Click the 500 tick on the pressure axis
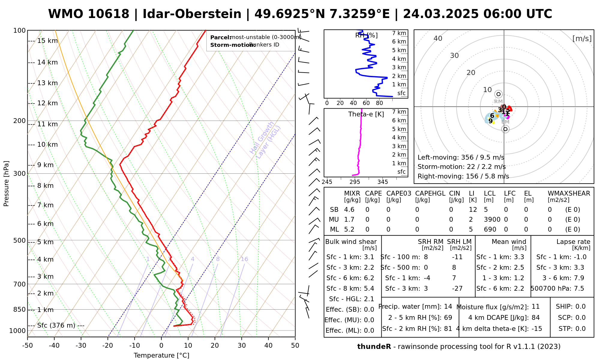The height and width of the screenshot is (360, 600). pyautogui.click(x=20, y=241)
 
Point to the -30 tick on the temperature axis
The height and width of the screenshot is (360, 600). pyautogui.click(x=81, y=346)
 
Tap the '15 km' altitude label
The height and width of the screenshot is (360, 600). pyautogui.click(x=47, y=41)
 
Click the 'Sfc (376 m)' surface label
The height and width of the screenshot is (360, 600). pyautogui.click(x=56, y=325)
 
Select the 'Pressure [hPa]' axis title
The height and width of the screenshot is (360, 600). pyautogui.click(x=6, y=184)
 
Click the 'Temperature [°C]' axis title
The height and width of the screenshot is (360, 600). pyautogui.click(x=161, y=355)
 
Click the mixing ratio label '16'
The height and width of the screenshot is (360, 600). pyautogui.click(x=244, y=259)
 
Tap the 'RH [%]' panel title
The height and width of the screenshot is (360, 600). pyautogui.click(x=366, y=35)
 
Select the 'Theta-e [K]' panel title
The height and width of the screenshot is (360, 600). pyautogui.click(x=366, y=114)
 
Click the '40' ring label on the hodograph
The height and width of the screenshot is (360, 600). pyautogui.click(x=438, y=38)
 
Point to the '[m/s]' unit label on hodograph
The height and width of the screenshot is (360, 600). pyautogui.click(x=582, y=38)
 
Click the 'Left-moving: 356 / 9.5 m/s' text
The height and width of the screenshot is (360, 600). pyautogui.click(x=461, y=157)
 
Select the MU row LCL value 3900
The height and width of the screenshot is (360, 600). pyautogui.click(x=492, y=220)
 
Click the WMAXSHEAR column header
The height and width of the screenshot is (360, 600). pyautogui.click(x=569, y=193)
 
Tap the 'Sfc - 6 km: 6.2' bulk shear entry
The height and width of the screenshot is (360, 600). pyautogui.click(x=350, y=278)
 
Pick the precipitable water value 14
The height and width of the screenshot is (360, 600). pyautogui.click(x=448, y=307)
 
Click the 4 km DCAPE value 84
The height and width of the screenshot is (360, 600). pyautogui.click(x=535, y=318)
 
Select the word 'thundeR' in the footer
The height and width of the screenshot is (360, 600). pyautogui.click(x=374, y=347)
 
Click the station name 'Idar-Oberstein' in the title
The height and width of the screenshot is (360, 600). pyautogui.click(x=192, y=14)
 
